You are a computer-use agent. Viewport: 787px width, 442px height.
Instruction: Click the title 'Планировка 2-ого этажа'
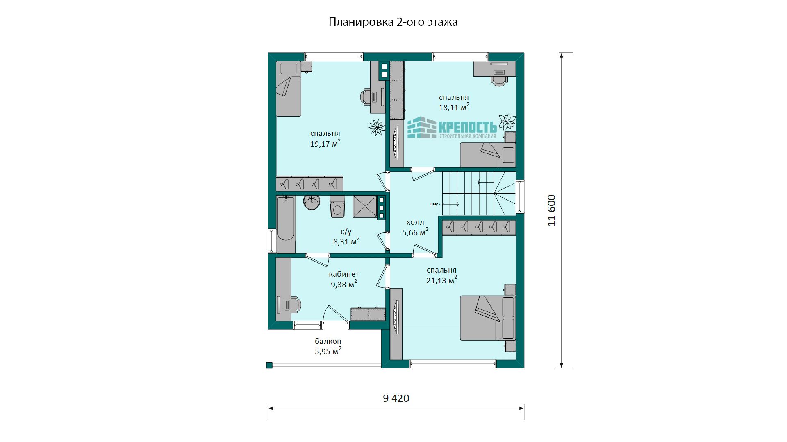click(393, 22)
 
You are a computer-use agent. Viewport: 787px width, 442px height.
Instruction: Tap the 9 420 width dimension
click(396, 398)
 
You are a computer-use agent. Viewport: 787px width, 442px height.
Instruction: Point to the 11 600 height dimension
click(552, 210)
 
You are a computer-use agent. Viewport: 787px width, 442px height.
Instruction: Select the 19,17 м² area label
click(325, 143)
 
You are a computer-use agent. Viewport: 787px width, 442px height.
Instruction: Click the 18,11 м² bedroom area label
click(454, 107)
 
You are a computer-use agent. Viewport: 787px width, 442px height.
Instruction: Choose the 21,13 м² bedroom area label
click(442, 280)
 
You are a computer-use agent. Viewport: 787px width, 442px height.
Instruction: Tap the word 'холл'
click(415, 222)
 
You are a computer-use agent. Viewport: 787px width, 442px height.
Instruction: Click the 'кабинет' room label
click(343, 274)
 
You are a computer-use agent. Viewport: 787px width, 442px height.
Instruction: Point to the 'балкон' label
click(328, 341)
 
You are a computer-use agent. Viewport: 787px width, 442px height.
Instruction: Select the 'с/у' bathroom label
click(346, 232)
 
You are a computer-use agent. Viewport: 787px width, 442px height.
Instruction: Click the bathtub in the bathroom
click(286, 219)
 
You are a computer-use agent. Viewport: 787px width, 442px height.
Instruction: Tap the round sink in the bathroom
click(312, 202)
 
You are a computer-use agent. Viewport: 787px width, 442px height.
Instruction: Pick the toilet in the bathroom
click(337, 207)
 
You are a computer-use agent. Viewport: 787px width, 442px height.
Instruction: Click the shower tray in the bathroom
click(365, 207)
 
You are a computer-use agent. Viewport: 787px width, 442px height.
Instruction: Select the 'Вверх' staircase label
click(435, 204)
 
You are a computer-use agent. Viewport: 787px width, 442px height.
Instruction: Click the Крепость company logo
click(452, 128)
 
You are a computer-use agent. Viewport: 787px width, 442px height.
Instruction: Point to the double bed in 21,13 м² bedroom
click(487, 318)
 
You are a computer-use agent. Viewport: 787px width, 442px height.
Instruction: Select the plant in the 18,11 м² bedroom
click(507, 122)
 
